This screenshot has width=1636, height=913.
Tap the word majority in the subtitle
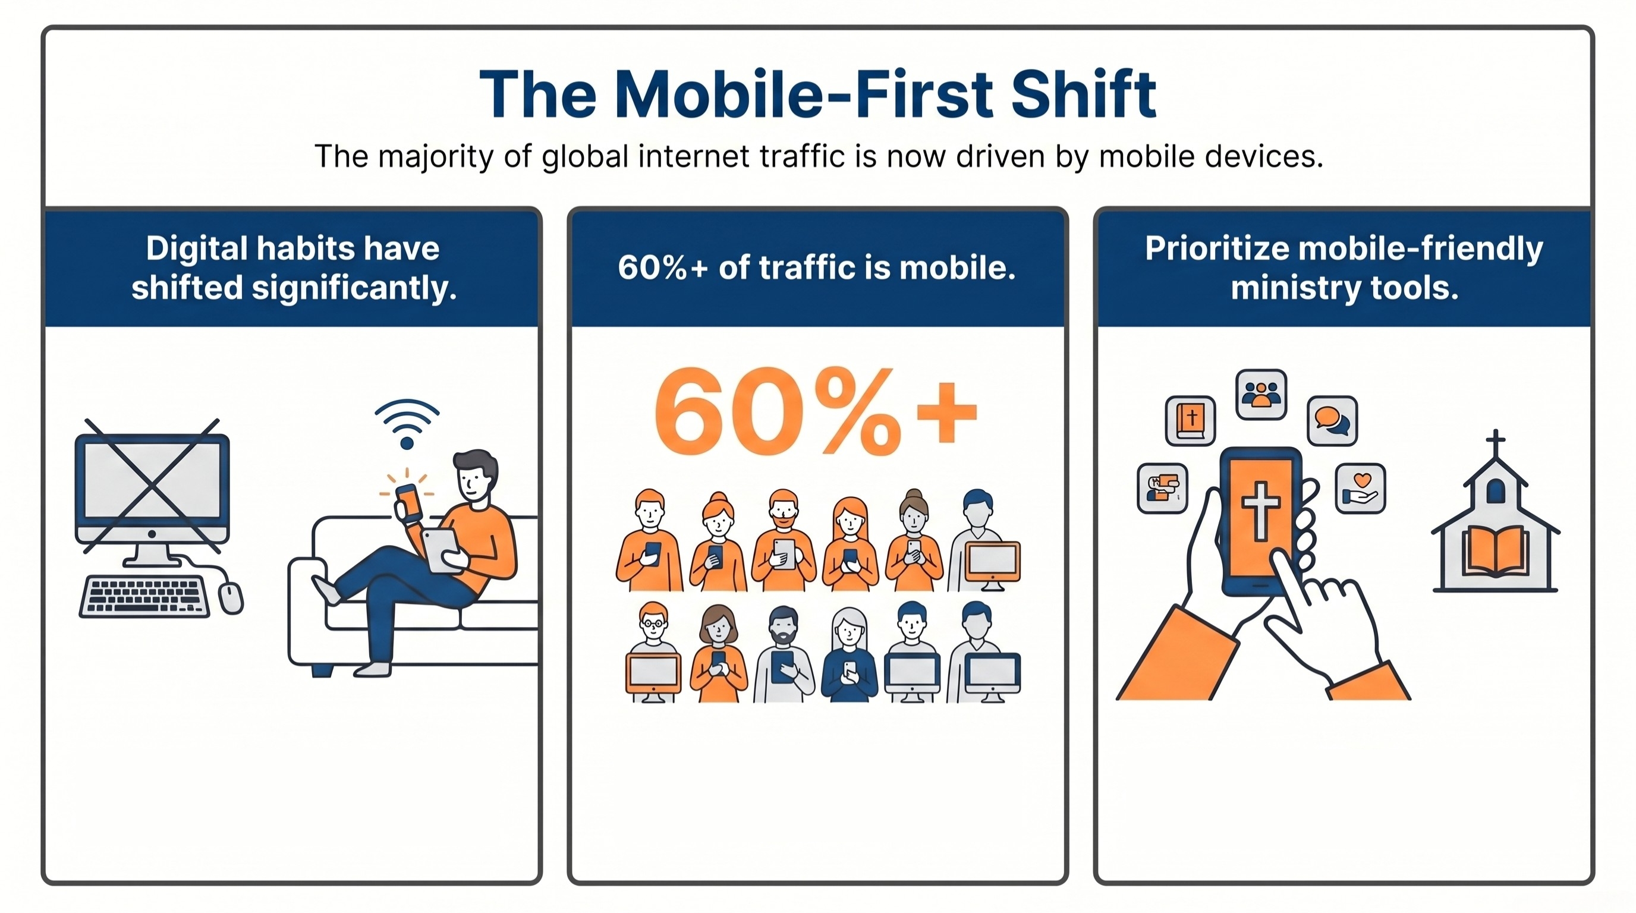click(x=435, y=156)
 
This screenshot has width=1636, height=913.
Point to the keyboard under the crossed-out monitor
click(x=145, y=596)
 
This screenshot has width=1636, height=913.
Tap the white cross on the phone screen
click(x=1260, y=510)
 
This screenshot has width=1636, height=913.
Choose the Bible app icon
click(x=1190, y=420)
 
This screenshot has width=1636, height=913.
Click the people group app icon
click(x=1261, y=394)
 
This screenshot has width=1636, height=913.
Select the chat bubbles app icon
click(x=1332, y=420)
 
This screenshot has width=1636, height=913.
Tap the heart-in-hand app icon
click(x=1360, y=487)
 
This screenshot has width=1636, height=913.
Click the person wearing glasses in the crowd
click(x=653, y=652)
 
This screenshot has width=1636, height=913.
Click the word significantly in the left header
click(x=354, y=289)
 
